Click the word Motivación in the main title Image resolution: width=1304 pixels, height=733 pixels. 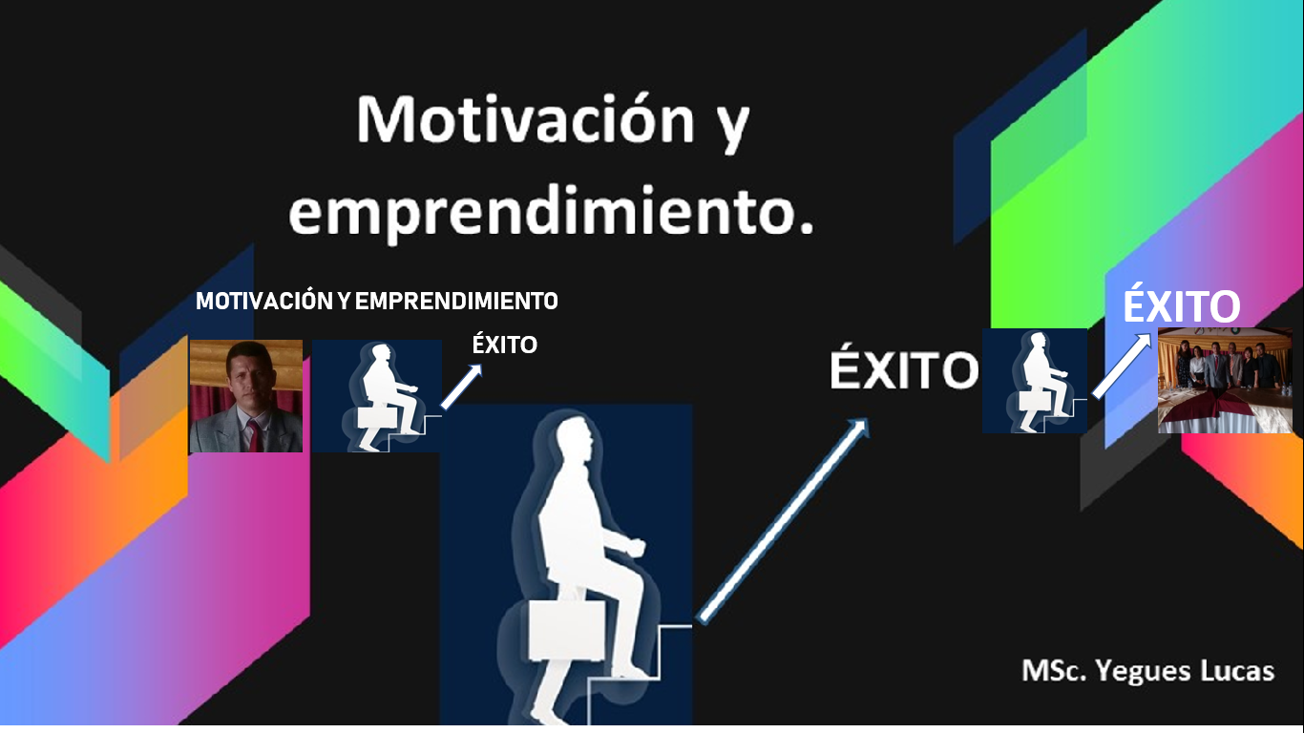tap(526, 118)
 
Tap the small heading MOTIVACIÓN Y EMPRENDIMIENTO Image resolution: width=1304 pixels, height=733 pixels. tap(377, 301)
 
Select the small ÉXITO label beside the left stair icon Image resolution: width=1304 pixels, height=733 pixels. tap(504, 345)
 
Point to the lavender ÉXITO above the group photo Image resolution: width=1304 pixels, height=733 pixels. tap(1181, 304)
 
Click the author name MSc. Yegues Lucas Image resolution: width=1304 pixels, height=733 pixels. tap(1148, 671)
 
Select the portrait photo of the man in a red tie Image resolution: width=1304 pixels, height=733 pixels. tap(246, 396)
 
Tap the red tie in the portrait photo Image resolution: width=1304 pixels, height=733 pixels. tap(254, 435)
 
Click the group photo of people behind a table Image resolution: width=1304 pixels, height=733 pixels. tap(1225, 381)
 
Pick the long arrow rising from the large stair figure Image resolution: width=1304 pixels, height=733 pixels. tap(784, 520)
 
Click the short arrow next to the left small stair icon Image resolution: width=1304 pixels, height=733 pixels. tap(461, 387)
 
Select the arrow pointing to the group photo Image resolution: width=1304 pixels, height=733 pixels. tap(1122, 366)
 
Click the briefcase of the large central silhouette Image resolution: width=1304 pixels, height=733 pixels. tap(566, 631)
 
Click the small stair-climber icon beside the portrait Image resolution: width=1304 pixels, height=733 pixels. tap(377, 396)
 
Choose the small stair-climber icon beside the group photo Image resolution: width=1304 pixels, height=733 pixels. tap(1035, 381)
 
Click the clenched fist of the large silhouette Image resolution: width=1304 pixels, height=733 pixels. tap(635, 547)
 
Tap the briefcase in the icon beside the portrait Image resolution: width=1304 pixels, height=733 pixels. tap(377, 418)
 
